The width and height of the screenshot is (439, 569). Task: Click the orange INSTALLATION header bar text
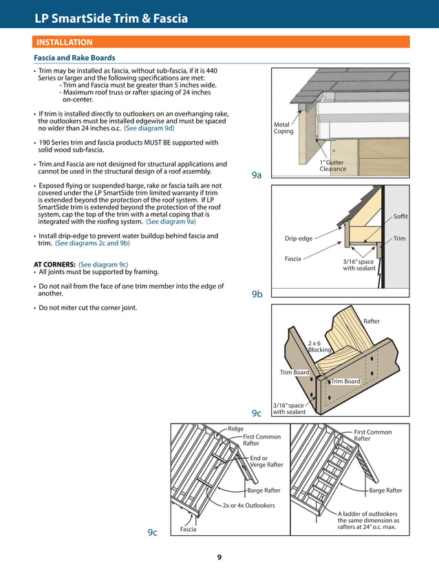click(x=65, y=42)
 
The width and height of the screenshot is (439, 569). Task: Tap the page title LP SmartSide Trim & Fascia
click(x=111, y=19)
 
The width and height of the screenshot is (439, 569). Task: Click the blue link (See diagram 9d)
click(x=149, y=128)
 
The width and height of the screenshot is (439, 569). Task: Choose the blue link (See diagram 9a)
click(x=171, y=222)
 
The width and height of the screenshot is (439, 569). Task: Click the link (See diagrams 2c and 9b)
click(x=92, y=243)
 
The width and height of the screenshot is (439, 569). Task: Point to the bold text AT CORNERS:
click(x=54, y=265)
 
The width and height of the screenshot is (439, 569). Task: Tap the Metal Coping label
click(x=283, y=128)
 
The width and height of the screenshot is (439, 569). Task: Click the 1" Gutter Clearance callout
click(x=333, y=165)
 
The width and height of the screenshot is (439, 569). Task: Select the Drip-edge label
click(x=299, y=239)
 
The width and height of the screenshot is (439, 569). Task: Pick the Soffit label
click(x=400, y=217)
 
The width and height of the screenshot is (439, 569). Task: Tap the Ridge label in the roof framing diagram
click(x=236, y=428)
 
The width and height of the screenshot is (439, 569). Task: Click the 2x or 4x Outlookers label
click(x=248, y=506)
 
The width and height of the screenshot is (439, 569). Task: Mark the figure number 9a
click(x=257, y=176)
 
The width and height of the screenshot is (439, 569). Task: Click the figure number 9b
click(x=257, y=294)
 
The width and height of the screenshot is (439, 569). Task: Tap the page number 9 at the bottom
click(x=219, y=557)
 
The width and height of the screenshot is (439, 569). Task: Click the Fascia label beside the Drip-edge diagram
click(x=293, y=259)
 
